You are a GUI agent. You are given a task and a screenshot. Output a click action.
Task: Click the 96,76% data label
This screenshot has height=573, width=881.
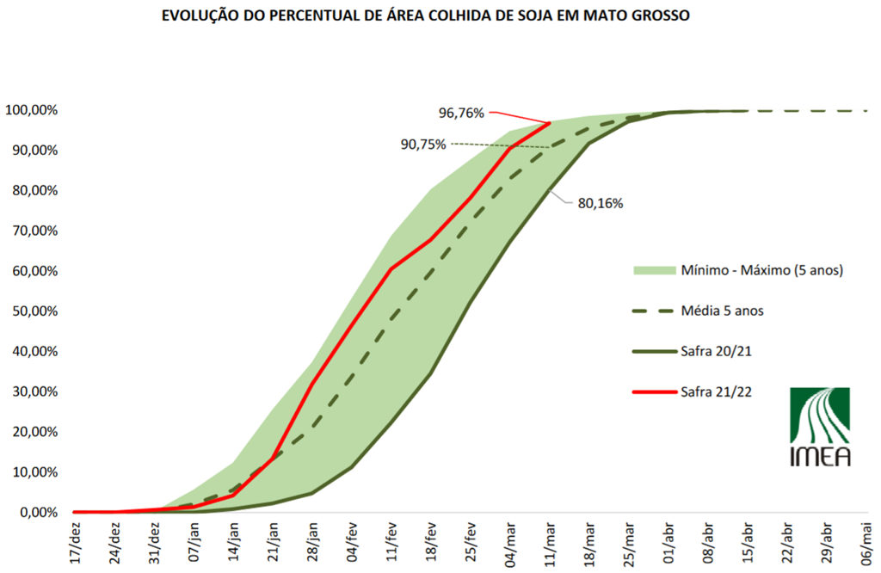[462, 112]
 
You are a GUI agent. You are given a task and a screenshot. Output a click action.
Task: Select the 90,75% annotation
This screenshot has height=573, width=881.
[423, 144]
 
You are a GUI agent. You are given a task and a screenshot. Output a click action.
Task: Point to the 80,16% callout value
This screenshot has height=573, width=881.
[601, 204]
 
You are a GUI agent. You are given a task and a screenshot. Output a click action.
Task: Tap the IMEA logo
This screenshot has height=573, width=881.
[820, 427]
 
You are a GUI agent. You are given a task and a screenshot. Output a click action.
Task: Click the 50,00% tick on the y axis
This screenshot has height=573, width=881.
[32, 311]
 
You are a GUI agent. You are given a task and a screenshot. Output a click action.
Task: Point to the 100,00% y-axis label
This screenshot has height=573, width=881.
[31, 110]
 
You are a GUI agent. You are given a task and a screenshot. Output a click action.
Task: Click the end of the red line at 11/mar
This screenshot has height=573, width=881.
[549, 123]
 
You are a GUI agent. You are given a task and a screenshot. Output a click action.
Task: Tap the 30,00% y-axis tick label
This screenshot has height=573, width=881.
[32, 391]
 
